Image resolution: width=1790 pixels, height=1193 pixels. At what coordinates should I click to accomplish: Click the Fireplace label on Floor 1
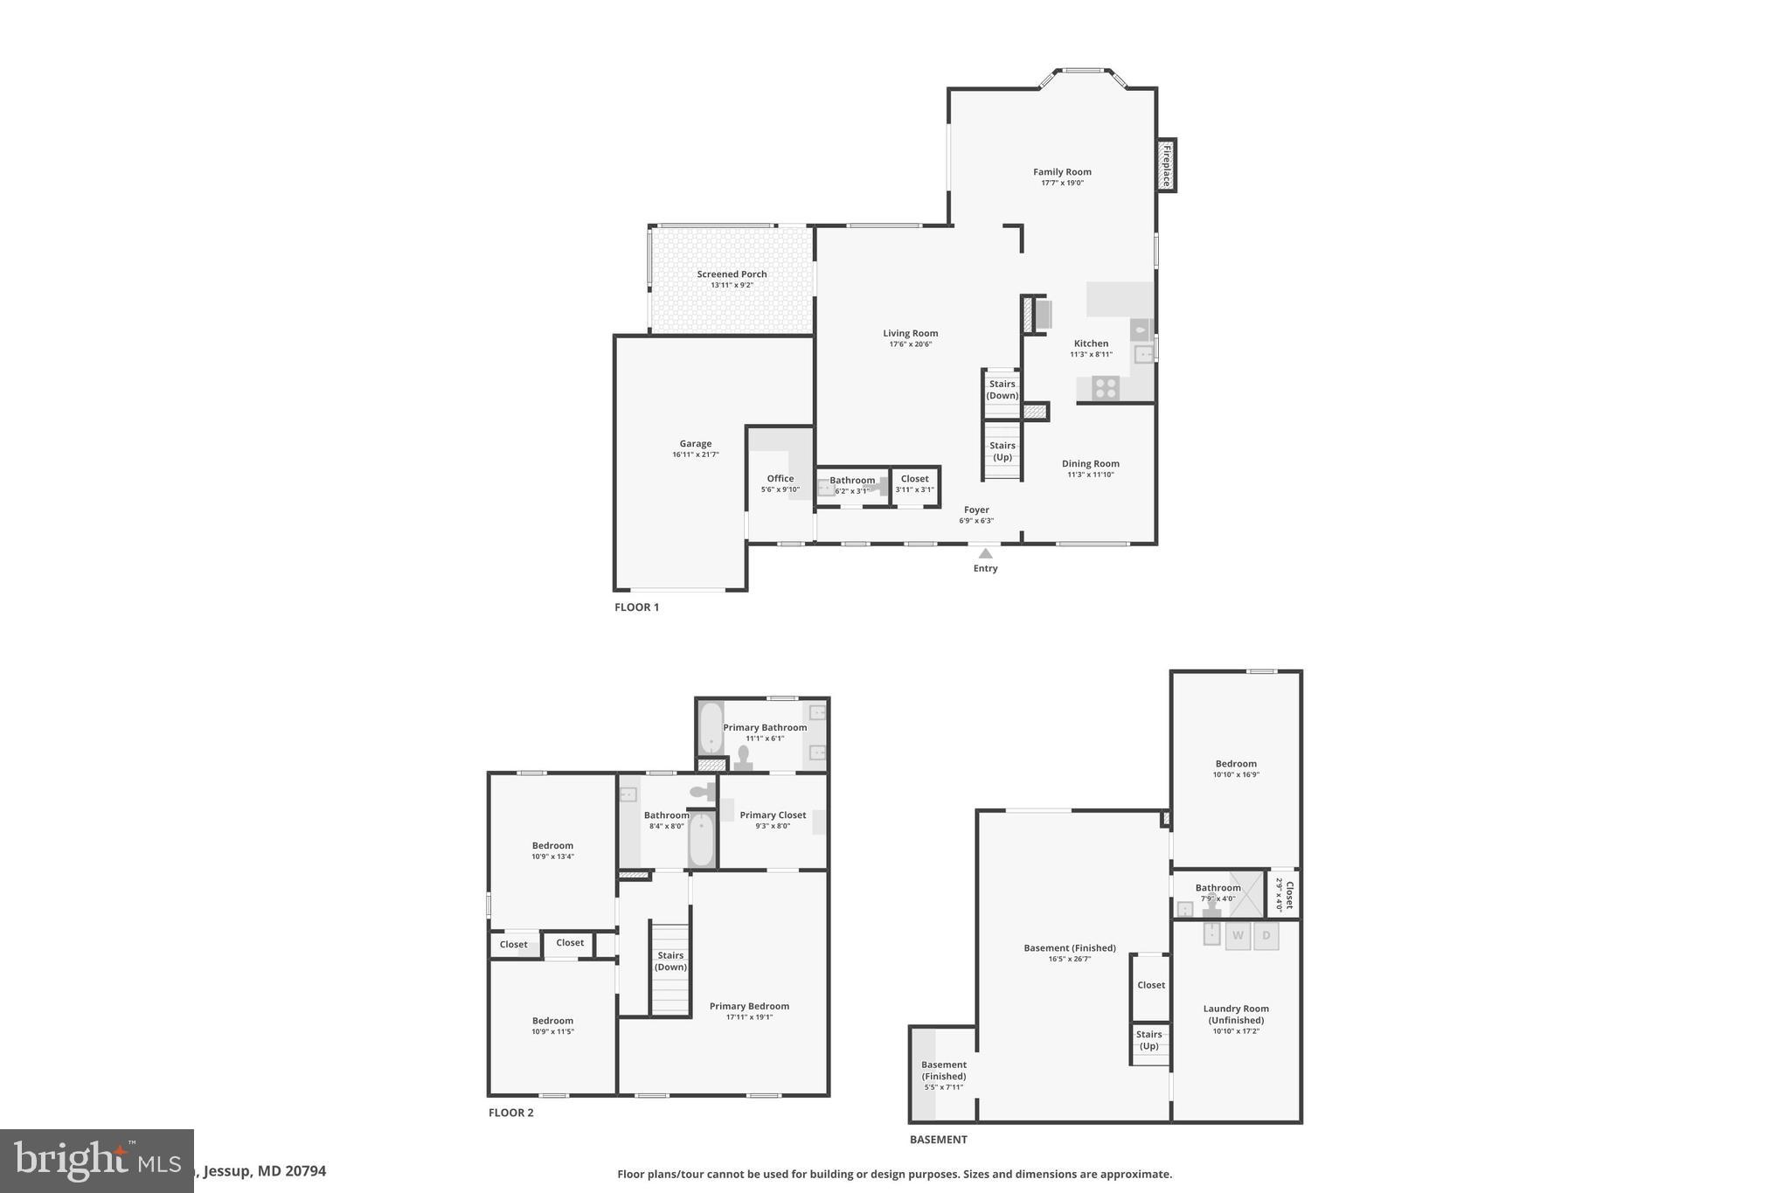(1166, 165)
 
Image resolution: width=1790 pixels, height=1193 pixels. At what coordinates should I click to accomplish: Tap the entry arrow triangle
(985, 553)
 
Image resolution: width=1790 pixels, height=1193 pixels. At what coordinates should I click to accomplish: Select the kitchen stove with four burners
(1106, 387)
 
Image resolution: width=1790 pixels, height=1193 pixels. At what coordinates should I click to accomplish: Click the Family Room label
(1062, 172)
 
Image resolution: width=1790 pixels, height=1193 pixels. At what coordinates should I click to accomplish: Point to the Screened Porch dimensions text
(732, 286)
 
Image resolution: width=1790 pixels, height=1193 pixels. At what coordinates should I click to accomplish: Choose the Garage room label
(696, 444)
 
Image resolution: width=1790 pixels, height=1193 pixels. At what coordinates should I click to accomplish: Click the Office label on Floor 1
(781, 479)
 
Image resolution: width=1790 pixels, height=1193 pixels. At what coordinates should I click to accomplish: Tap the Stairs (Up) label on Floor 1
(1003, 451)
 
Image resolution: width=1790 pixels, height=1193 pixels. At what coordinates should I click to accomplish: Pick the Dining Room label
(1090, 464)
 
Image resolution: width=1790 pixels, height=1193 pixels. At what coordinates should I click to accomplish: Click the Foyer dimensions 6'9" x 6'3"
(976, 521)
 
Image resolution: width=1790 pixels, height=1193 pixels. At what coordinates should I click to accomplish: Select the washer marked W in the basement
(1238, 936)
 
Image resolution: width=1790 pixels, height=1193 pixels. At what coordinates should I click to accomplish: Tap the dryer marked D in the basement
(1266, 936)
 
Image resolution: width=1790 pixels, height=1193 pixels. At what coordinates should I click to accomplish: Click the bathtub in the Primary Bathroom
(711, 727)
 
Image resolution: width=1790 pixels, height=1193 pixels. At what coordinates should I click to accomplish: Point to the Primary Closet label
(773, 815)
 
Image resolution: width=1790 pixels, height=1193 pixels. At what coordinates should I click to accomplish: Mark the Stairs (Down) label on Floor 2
(670, 961)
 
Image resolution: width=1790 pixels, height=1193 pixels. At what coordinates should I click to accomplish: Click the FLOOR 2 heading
(510, 1113)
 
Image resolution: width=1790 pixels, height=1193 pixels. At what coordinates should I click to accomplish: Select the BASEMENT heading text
(938, 1140)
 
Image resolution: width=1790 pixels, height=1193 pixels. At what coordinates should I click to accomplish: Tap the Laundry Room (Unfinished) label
(1236, 1014)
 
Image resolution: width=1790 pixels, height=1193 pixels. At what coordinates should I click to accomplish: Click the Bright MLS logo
(96, 1161)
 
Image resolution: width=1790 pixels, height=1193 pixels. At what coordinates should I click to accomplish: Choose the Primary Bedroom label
(749, 1006)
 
